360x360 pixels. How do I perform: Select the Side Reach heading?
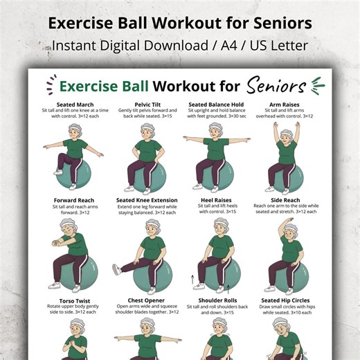[285, 201]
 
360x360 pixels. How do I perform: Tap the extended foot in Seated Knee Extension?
[117, 269]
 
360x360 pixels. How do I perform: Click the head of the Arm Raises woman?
[286, 132]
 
